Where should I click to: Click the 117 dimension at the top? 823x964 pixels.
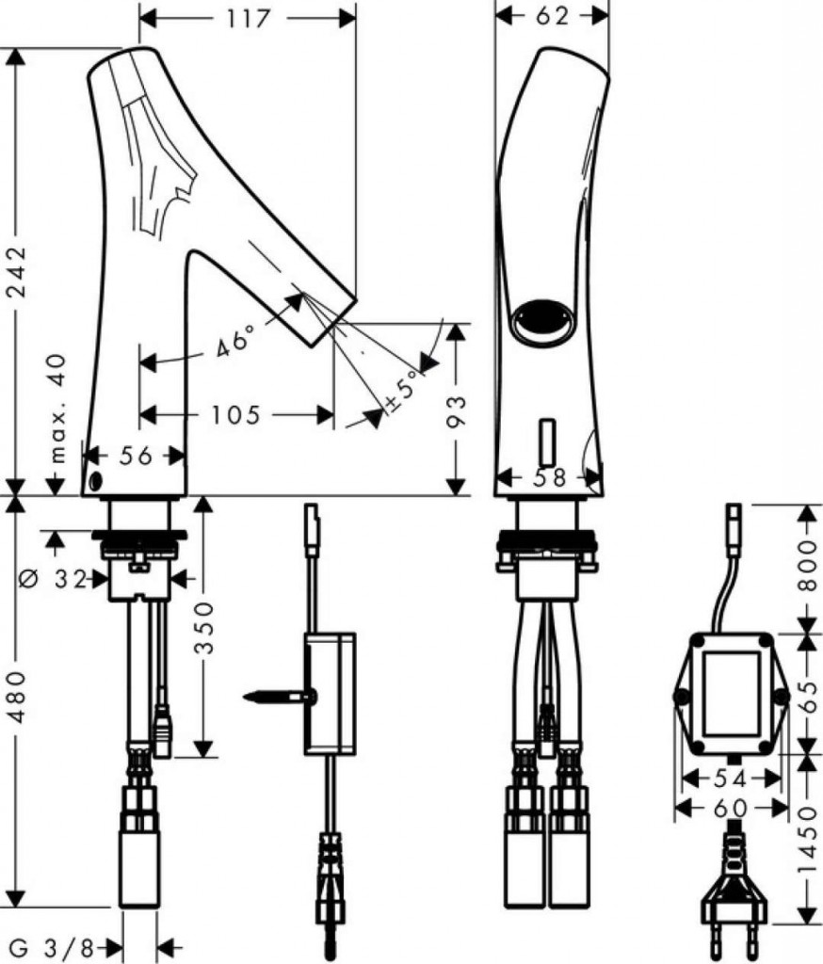click(x=249, y=19)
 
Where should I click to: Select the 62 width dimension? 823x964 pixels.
click(x=552, y=16)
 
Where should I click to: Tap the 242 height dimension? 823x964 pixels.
click(x=17, y=271)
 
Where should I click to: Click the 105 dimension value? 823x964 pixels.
click(x=236, y=415)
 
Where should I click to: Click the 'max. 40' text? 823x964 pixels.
click(x=56, y=408)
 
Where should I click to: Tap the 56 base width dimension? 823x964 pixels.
click(x=136, y=457)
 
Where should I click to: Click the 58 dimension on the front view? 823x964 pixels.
click(x=549, y=477)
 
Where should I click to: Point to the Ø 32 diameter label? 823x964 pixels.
click(x=54, y=578)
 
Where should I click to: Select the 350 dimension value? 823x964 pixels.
click(x=204, y=628)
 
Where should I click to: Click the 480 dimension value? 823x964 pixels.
click(x=17, y=696)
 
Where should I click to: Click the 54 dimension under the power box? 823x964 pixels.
click(x=730, y=779)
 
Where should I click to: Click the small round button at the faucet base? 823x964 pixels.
click(x=95, y=480)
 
